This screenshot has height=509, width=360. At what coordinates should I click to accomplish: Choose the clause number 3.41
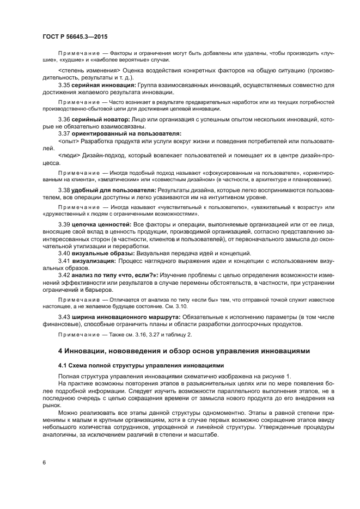[x=64, y=261]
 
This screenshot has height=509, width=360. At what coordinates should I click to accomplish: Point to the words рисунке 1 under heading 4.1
[x=276, y=377]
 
